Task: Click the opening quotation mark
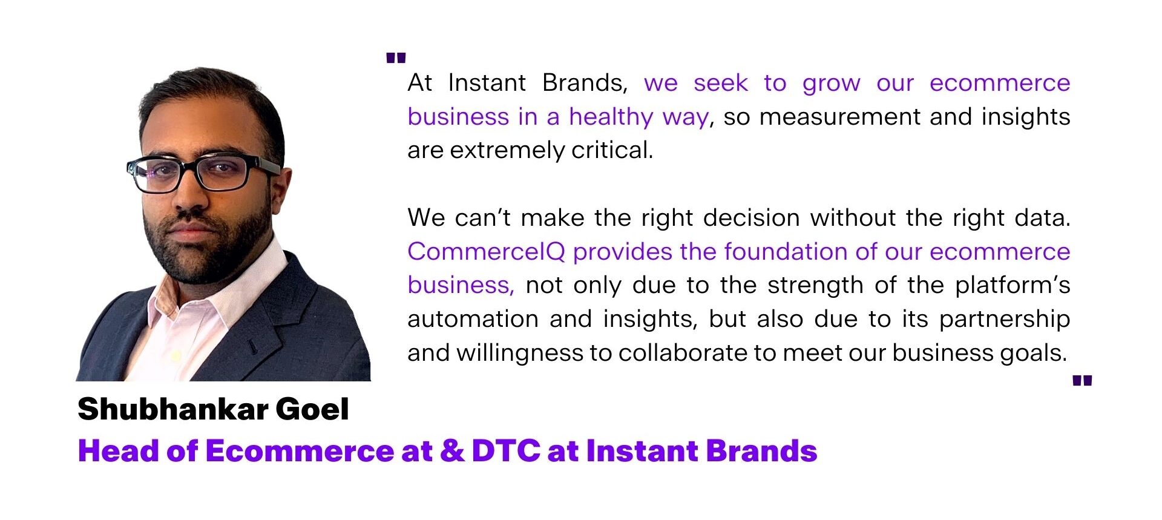click(x=396, y=58)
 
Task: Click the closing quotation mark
click(x=1082, y=381)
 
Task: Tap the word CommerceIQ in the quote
click(x=486, y=252)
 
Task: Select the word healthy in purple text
click(x=611, y=116)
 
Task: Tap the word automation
click(x=473, y=319)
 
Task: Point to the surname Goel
click(x=312, y=409)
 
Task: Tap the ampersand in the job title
click(x=452, y=451)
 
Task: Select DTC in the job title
click(x=506, y=451)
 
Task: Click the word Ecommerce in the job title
click(x=300, y=451)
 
